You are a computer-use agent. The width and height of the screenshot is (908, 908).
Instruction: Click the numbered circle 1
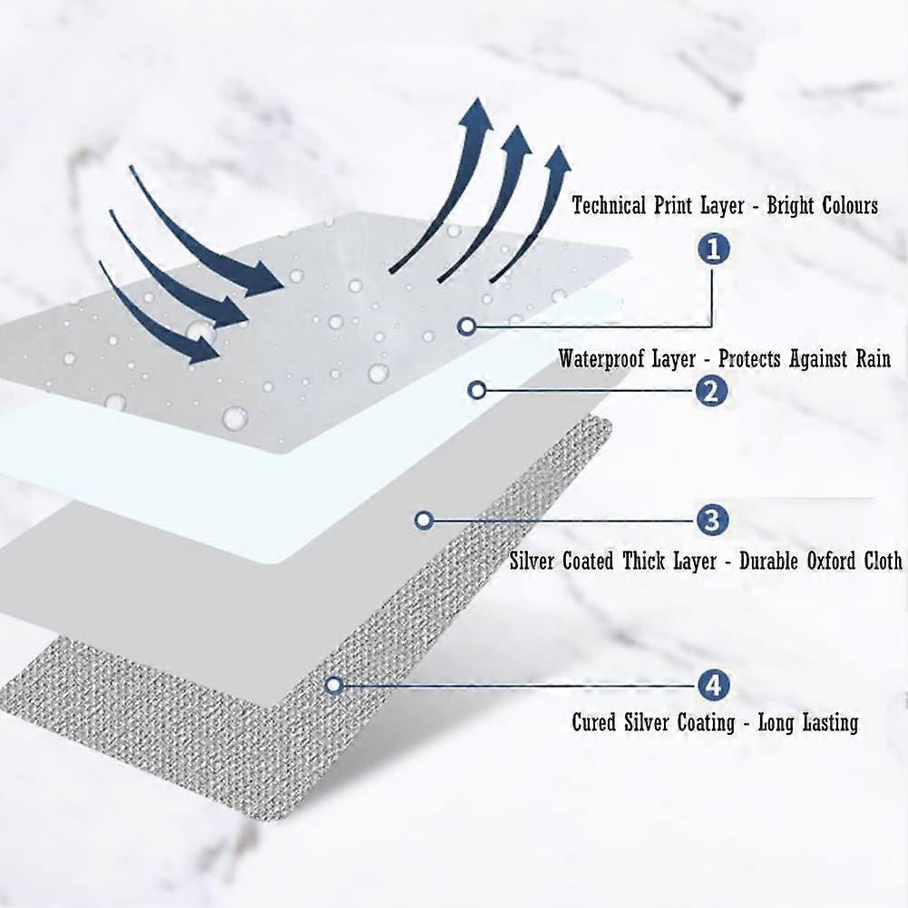[x=714, y=249]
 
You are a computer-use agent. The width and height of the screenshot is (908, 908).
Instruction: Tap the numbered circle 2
[x=712, y=391]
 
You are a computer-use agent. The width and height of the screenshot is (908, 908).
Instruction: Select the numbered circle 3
[x=712, y=521]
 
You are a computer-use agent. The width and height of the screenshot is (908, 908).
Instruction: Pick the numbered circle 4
[x=712, y=685]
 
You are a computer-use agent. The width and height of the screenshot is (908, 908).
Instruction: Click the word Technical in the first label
[x=609, y=206]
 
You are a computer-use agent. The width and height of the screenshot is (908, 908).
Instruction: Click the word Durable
[x=769, y=561]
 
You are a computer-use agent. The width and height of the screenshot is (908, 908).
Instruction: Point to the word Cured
[x=594, y=723]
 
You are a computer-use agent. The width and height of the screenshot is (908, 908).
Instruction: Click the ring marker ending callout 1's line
[x=466, y=325]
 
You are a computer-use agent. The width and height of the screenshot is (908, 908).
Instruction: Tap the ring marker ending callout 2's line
[x=479, y=390]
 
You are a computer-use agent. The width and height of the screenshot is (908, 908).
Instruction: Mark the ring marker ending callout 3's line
[x=423, y=521]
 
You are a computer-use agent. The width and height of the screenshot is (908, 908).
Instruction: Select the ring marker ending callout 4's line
[x=333, y=685]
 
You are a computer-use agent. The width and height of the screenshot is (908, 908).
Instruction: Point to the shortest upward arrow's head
[x=558, y=161]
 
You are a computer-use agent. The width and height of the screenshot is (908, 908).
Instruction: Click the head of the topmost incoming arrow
[x=267, y=278]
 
